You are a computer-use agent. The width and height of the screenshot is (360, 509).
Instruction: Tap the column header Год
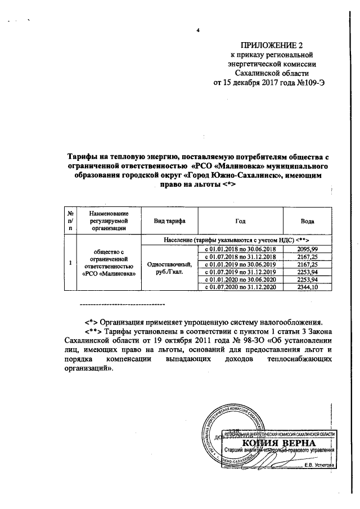[240, 221]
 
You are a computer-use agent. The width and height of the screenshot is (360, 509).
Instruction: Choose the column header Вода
[307, 221]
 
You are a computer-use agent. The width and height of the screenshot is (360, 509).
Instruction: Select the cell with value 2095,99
[307, 249]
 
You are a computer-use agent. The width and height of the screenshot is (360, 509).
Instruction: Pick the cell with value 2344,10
[307, 287]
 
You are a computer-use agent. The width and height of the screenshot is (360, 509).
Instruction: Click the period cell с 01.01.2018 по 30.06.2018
[240, 249]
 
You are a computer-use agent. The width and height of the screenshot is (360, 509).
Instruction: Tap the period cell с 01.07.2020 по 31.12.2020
[240, 287]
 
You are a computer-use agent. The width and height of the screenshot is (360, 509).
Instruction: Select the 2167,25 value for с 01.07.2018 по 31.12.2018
[307, 256]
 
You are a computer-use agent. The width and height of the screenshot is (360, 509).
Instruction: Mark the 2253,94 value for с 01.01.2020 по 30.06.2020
[307, 280]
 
